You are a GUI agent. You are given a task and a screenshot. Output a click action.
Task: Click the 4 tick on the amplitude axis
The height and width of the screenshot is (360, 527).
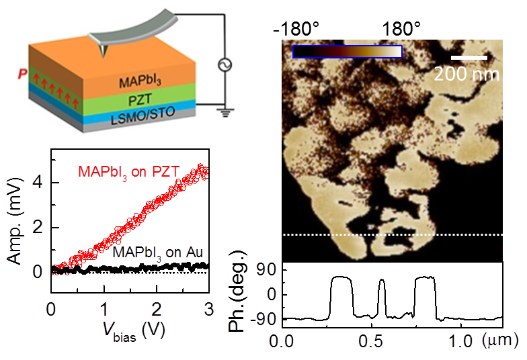40,181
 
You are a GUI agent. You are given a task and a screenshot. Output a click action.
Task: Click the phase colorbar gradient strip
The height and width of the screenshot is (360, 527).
348,52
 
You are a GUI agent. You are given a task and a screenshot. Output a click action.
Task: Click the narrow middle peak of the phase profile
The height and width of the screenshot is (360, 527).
381,282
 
